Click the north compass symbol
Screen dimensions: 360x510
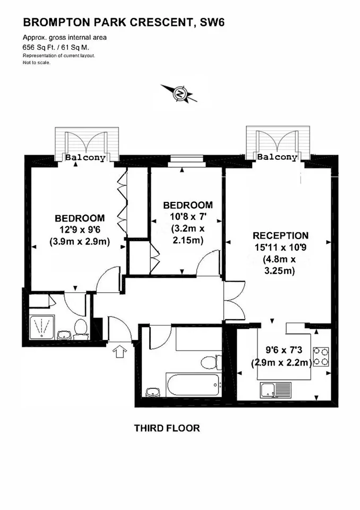[x=179, y=93]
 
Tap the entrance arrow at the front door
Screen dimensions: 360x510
[x=119, y=352]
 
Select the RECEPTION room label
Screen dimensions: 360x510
[x=281, y=235]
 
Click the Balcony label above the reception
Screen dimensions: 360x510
[x=277, y=157]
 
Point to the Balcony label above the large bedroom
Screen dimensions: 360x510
[x=85, y=157]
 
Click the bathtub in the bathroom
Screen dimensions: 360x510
[x=194, y=385]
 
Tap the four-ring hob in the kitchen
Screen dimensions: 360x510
[x=321, y=357]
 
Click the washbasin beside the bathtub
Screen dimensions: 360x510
[x=153, y=392]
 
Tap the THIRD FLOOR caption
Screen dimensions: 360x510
[x=167, y=428]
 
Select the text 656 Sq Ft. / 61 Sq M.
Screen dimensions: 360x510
[x=56, y=47]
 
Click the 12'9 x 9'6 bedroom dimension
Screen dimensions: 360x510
[x=80, y=230]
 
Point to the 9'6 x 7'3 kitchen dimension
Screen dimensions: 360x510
[x=284, y=350]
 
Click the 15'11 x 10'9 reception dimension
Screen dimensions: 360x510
[x=280, y=248]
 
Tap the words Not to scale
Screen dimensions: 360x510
[x=37, y=63]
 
